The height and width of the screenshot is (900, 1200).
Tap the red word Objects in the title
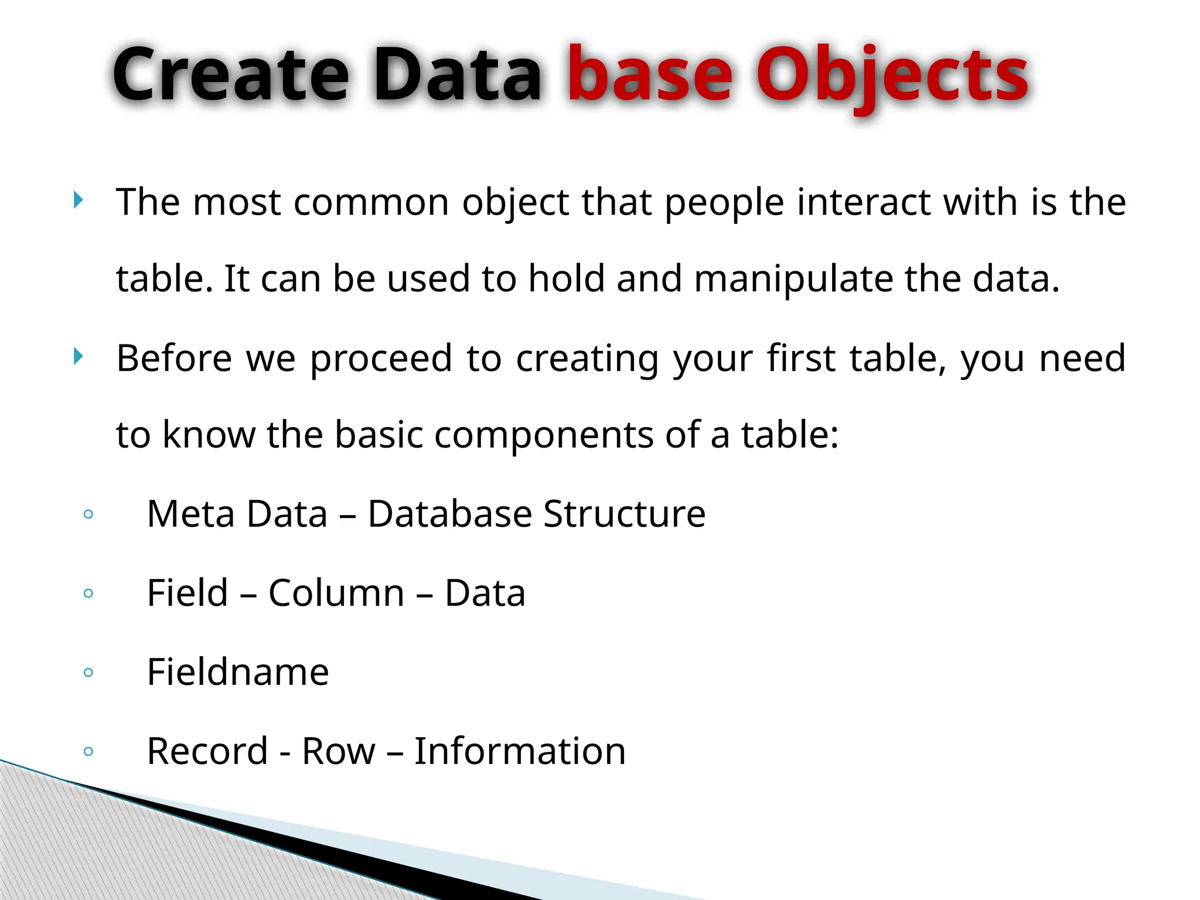point(892,76)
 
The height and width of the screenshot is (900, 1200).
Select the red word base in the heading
point(650,76)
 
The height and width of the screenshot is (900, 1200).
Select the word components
point(544,435)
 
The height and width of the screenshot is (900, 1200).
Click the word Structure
point(624,514)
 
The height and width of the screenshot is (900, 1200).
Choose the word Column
point(336,593)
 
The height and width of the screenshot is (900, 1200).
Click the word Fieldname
point(238,671)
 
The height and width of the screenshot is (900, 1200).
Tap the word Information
point(520,751)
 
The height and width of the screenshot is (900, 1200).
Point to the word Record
point(207,751)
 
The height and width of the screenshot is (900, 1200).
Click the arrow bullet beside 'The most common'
point(79,200)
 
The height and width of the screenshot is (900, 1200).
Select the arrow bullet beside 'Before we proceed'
point(79,356)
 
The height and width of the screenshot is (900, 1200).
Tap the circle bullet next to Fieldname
point(88,672)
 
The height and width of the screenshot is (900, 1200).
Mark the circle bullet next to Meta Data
point(88,514)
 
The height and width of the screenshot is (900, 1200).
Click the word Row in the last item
point(338,751)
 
